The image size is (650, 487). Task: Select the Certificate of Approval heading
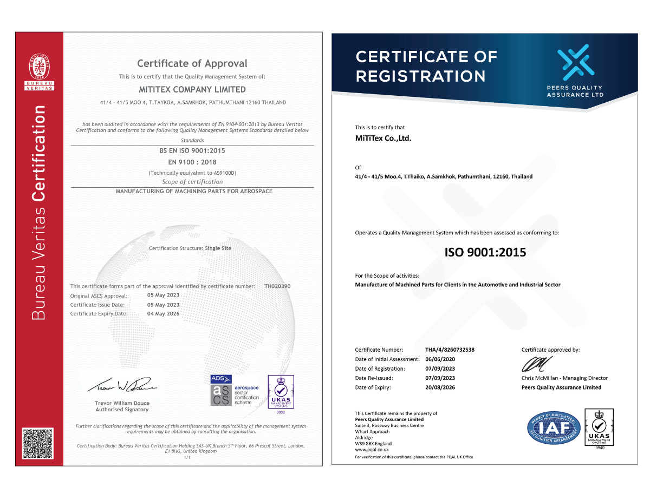point(192,63)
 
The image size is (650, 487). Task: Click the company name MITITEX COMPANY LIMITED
point(192,90)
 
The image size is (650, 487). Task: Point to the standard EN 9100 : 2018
point(192,162)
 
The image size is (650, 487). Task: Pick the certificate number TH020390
point(278,286)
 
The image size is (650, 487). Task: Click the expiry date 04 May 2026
point(163,313)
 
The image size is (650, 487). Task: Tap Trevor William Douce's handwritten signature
point(122,385)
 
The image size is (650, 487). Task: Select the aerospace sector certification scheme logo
point(235,390)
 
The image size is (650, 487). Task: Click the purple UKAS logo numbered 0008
point(281,393)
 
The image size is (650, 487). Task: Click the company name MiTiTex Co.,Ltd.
point(383,138)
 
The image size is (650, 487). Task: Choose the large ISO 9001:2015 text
point(485,252)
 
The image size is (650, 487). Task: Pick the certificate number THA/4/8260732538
point(450,350)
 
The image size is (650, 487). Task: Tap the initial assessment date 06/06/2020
point(440,359)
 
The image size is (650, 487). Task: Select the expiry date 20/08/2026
point(440,387)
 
